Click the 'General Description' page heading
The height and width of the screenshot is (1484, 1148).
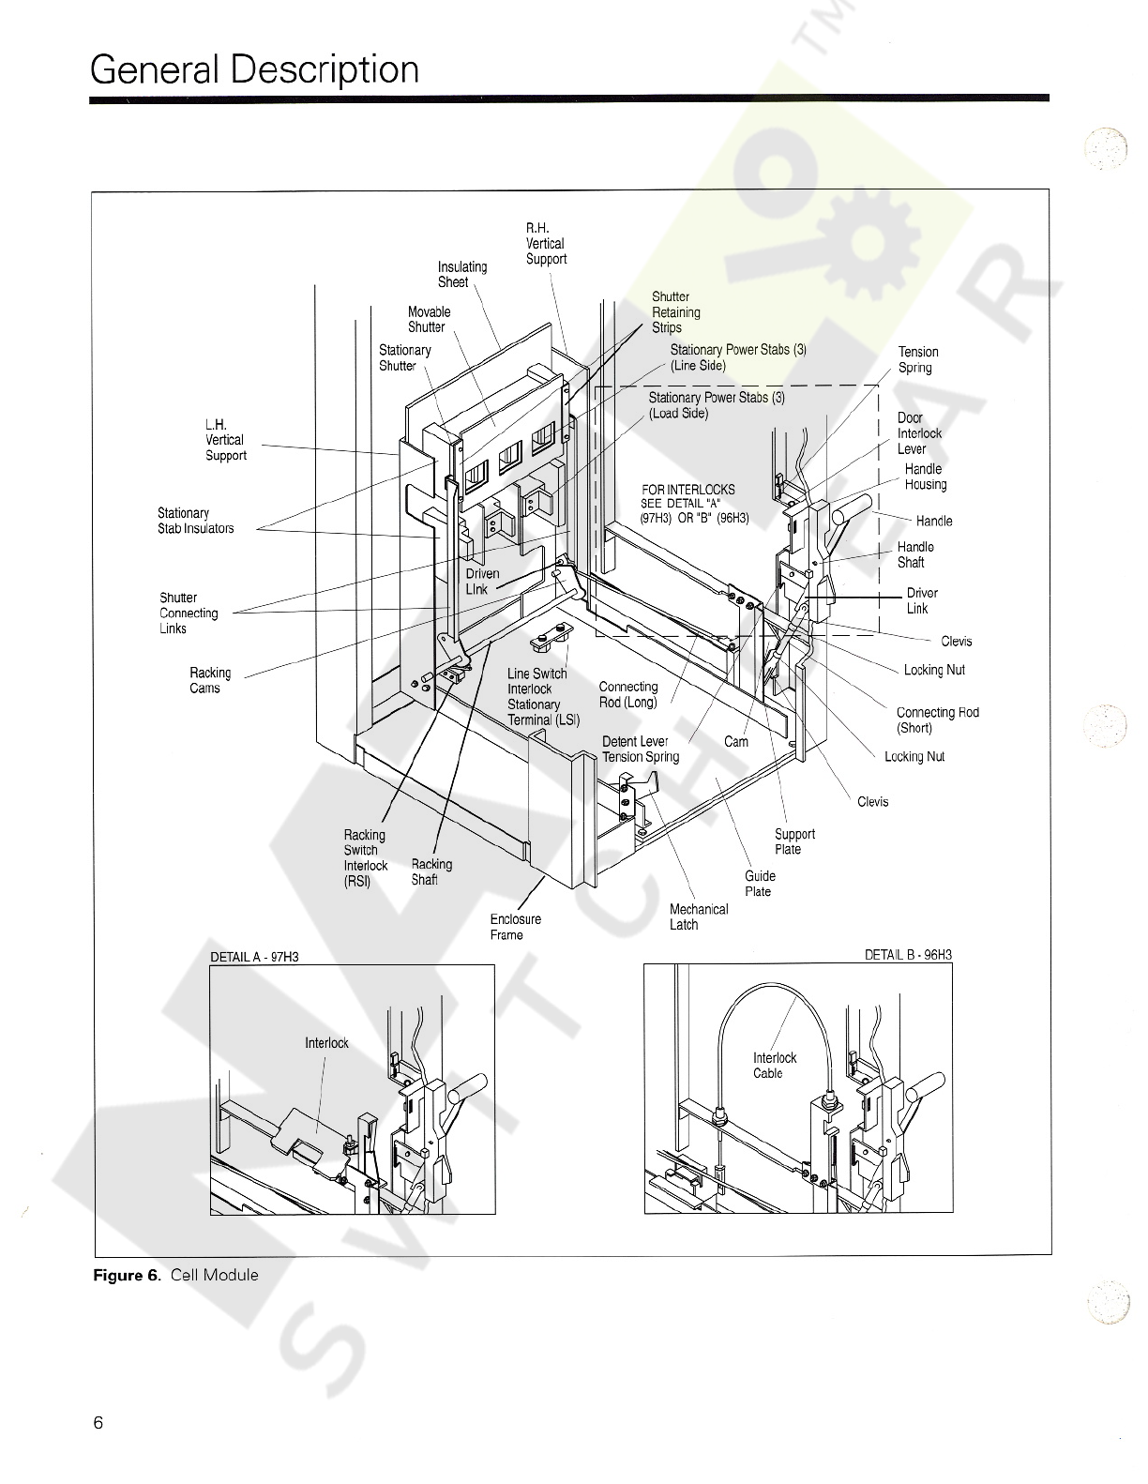(x=254, y=70)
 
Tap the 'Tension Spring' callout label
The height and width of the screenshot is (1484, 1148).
(x=918, y=360)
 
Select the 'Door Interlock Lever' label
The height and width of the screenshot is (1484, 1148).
(x=918, y=433)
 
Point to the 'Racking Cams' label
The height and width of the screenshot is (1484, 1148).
(x=210, y=680)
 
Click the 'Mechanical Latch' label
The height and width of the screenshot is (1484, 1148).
(x=698, y=916)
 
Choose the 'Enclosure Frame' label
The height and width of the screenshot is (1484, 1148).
(x=515, y=927)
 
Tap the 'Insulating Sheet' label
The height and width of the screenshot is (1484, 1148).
(x=462, y=274)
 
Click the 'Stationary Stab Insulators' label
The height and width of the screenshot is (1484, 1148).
(x=195, y=521)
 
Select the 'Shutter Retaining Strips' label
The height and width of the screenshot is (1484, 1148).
(x=675, y=312)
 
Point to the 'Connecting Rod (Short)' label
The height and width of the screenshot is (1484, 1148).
(x=937, y=719)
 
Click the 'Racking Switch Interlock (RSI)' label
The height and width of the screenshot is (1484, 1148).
(x=365, y=857)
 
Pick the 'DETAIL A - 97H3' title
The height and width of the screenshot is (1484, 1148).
(x=254, y=957)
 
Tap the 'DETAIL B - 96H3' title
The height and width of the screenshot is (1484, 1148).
(x=908, y=955)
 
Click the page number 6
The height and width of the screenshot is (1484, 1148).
(x=98, y=1422)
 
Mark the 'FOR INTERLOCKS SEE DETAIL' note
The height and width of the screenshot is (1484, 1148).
(x=694, y=504)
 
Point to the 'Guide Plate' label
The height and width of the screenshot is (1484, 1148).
(x=760, y=883)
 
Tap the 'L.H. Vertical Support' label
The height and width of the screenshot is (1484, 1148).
(x=225, y=440)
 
